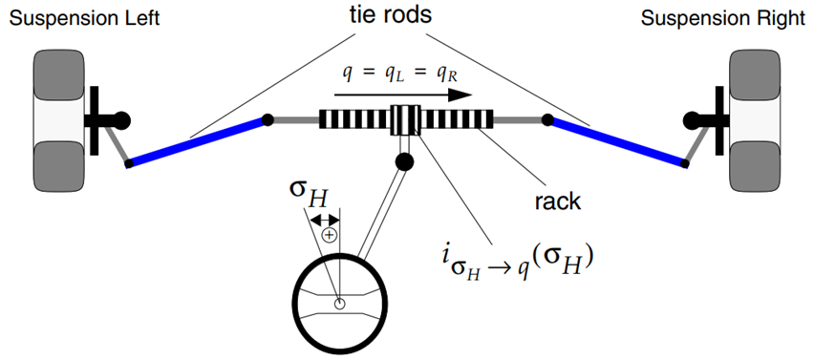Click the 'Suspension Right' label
tap(722, 19)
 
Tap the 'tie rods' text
tap(390, 15)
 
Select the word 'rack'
tap(557, 201)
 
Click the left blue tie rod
tap(198, 141)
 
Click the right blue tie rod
tap(616, 141)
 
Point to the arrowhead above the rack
tap(460, 95)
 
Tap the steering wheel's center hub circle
tap(339, 304)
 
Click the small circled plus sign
tap(329, 235)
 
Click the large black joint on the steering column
tap(404, 161)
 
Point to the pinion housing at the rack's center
tap(405, 119)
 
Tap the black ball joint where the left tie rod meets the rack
tap(268, 119)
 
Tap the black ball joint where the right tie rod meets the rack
tap(546, 119)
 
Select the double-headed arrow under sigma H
tap(325, 221)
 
